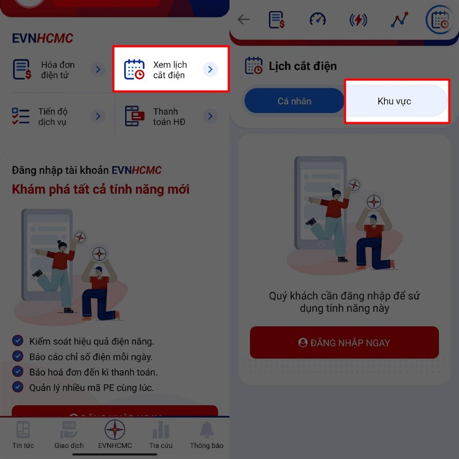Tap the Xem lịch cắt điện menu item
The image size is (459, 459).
(x=170, y=69)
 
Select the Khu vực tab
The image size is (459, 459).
(x=395, y=102)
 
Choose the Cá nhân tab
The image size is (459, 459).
(x=294, y=102)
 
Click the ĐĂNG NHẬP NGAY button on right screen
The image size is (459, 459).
(x=344, y=343)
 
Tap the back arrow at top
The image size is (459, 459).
(x=244, y=20)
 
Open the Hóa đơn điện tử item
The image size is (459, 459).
(x=57, y=70)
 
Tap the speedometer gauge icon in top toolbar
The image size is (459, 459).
(x=317, y=20)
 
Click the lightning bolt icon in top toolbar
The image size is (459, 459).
(x=359, y=20)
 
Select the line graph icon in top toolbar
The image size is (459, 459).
(x=399, y=20)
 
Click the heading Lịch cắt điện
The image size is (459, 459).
(x=302, y=66)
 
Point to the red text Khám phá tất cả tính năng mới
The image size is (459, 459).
(x=101, y=189)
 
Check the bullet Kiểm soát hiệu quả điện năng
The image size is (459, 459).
(x=92, y=341)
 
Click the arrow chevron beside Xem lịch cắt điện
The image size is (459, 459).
(x=211, y=69)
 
